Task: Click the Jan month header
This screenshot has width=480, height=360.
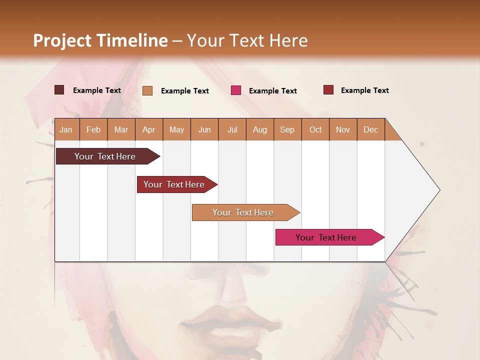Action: click(66, 130)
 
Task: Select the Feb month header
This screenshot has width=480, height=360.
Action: click(93, 130)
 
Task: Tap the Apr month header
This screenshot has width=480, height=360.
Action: click(148, 130)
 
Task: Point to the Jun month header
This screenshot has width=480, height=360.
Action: click(204, 130)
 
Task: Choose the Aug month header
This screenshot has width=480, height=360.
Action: click(259, 130)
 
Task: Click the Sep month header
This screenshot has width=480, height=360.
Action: click(287, 130)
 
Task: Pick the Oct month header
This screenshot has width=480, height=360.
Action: click(315, 130)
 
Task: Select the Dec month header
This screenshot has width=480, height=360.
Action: click(370, 130)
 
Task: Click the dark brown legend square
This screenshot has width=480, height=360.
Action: click(59, 90)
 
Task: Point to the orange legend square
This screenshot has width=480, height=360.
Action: click(147, 90)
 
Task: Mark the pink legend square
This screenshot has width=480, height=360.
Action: click(236, 90)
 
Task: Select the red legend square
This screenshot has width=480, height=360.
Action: click(328, 90)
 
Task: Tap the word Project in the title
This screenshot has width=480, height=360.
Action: click(62, 40)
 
